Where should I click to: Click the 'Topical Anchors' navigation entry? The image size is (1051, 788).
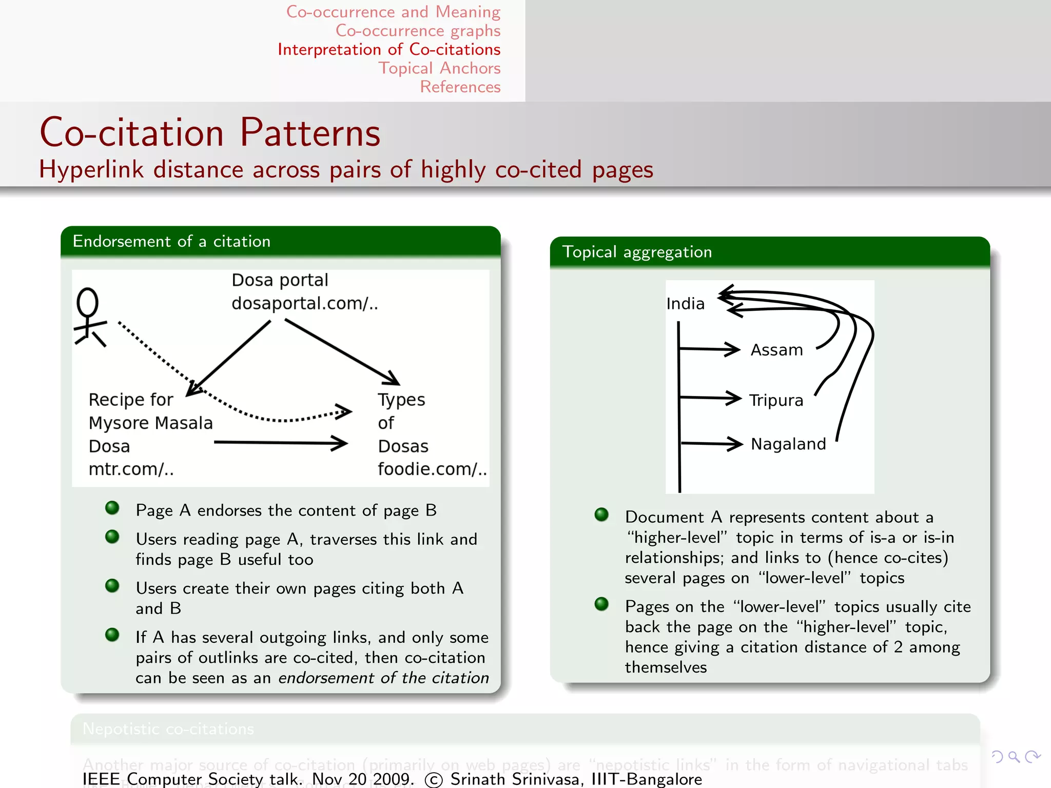(x=439, y=68)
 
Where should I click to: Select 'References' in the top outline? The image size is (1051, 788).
(x=460, y=87)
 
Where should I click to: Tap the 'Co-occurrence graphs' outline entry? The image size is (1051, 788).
(x=418, y=31)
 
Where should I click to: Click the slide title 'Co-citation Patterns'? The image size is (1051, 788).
(x=210, y=132)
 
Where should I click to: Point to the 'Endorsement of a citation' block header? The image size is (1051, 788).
(x=171, y=241)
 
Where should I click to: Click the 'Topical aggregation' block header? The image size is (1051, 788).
(x=637, y=252)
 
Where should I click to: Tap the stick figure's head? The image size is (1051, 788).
(x=88, y=302)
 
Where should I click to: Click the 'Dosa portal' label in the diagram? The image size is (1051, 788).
(x=280, y=280)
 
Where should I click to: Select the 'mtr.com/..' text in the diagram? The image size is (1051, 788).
(x=131, y=469)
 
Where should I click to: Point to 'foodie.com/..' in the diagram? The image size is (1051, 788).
(x=432, y=469)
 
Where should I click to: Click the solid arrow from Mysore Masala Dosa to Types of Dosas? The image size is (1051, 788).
(x=280, y=442)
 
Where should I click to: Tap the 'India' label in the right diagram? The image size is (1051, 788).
(x=685, y=304)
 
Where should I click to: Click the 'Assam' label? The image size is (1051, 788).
(x=776, y=350)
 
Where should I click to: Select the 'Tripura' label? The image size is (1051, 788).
(x=776, y=400)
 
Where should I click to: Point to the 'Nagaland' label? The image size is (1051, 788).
(x=788, y=444)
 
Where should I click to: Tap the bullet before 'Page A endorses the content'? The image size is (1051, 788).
(x=112, y=508)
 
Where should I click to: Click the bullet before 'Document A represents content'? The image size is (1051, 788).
(x=601, y=515)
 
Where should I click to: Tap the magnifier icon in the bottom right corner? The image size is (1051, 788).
(x=1014, y=757)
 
